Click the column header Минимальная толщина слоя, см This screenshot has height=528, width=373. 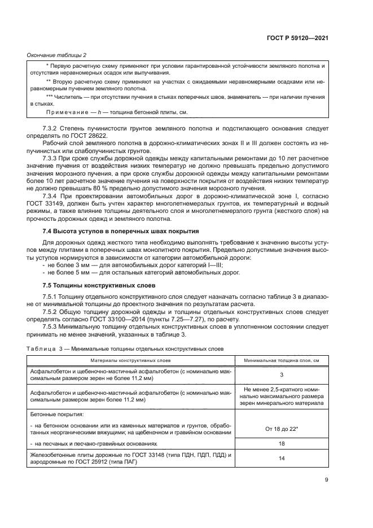coord(281,360)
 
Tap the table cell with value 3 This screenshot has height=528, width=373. coord(281,374)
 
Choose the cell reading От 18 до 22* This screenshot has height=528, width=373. coord(281,429)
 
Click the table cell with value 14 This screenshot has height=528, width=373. coord(281,459)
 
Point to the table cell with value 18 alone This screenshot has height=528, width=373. coord(281,444)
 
